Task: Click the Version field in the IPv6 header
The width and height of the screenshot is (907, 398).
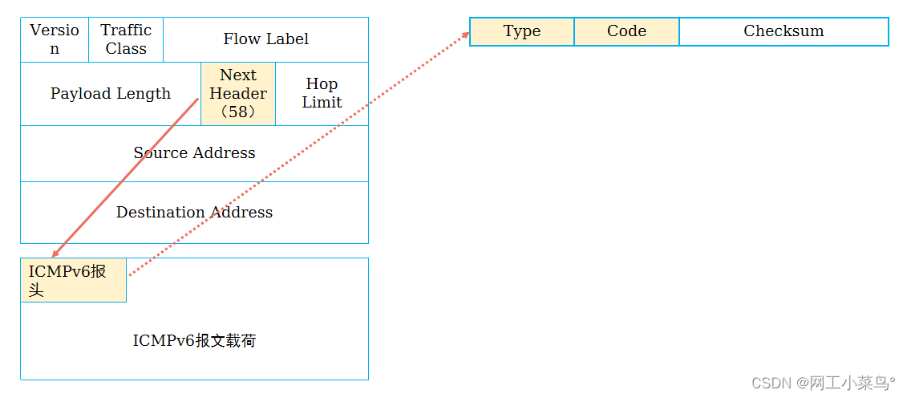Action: pos(55,39)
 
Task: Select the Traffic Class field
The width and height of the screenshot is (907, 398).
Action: pos(126,39)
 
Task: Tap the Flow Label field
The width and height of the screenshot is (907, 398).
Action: pos(265,39)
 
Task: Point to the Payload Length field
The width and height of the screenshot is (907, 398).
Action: pos(111,94)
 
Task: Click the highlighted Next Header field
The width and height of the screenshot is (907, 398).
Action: pos(238,94)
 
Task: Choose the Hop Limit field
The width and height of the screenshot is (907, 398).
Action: pos(322,94)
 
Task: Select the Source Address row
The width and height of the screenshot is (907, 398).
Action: pos(194,153)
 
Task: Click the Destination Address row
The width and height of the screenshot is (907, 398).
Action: pos(194,213)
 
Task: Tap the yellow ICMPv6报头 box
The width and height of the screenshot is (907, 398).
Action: pos(73,280)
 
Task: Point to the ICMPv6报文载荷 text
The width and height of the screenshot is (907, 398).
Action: pos(194,341)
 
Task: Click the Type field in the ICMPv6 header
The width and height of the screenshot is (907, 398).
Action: pos(522,31)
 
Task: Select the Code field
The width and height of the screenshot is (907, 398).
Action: pos(626,31)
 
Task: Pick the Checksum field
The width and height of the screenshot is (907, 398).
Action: pos(784,31)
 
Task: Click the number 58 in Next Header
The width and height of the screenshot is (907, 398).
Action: pos(238,112)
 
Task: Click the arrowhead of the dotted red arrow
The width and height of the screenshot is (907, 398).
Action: pos(466,35)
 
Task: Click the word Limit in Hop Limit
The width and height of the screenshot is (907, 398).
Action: pos(322,103)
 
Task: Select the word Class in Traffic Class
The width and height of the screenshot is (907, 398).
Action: pos(126,49)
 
